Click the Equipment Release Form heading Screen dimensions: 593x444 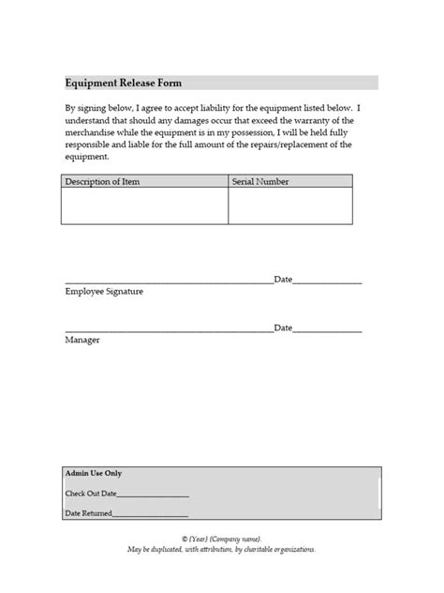(116, 83)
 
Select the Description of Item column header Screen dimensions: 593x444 (102, 181)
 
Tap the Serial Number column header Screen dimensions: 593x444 (260, 181)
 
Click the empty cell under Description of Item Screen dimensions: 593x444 (145, 205)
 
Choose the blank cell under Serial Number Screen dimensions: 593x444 (290, 205)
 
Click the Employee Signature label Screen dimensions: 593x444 (104, 293)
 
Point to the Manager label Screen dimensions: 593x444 (82, 340)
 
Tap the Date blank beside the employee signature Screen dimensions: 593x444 (328, 282)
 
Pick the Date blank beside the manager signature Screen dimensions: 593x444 (328, 329)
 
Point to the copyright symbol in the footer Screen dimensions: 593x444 (185, 540)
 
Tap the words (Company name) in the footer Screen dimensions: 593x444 (236, 540)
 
